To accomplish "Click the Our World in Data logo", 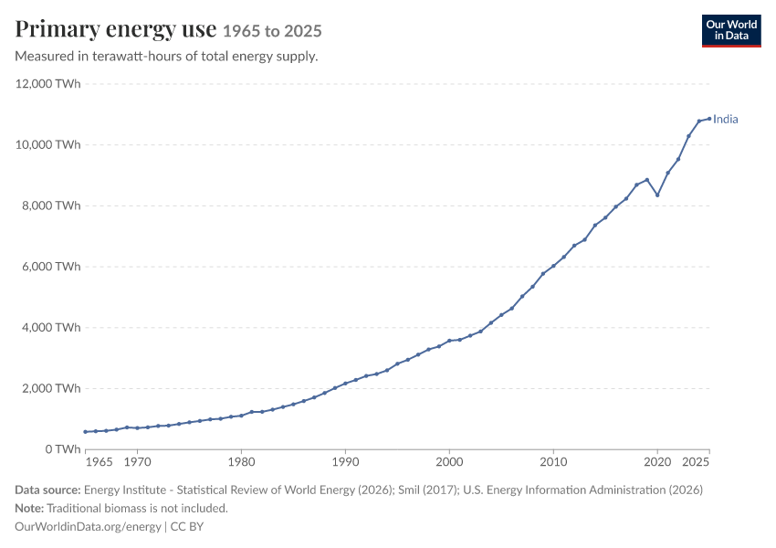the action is point(731,31).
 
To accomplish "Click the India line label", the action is point(725,120).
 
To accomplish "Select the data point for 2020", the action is point(657,195).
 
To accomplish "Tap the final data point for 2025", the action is point(709,119).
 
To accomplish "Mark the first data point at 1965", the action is point(85,432).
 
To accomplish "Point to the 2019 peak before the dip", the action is point(647,180).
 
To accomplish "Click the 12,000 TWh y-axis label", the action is point(47,84).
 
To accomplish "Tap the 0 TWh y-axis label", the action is point(62,449).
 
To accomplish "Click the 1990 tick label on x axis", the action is point(345,462).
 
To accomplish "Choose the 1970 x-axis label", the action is point(137,462).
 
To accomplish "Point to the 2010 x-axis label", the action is point(553,462).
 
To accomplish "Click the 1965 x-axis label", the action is point(99,462).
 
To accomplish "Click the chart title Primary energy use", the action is point(116,30).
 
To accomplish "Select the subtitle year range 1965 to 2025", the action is point(272,31).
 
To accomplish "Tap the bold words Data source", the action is point(47,490).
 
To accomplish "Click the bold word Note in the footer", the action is point(29,509).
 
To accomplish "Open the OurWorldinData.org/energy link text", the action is point(88,527).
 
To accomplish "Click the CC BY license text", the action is point(187,527).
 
